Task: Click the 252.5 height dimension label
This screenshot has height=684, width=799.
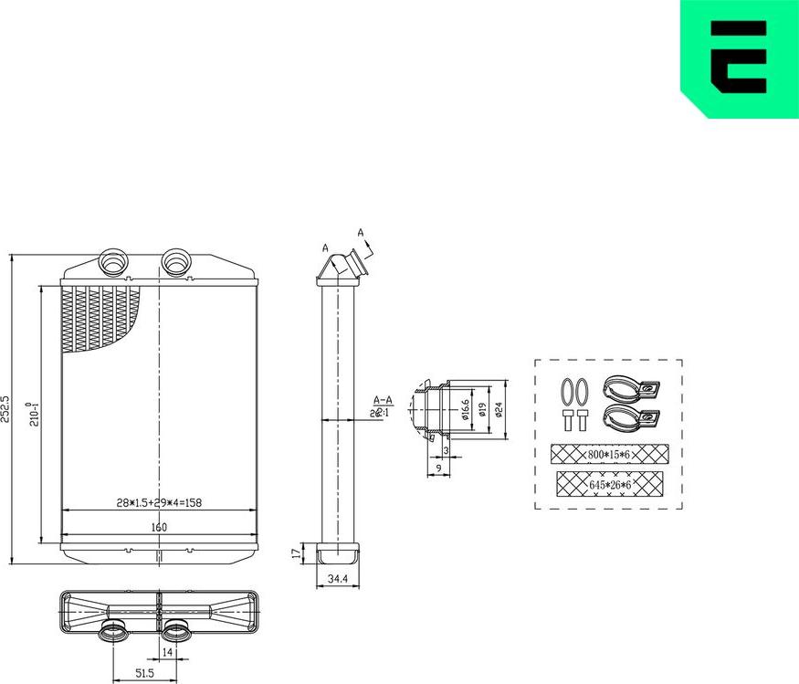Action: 6,408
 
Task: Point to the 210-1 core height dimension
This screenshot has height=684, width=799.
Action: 34,413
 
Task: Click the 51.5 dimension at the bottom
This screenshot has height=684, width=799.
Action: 143,673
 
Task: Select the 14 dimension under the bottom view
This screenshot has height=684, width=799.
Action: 167,653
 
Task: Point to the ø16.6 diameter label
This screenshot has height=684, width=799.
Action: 465,408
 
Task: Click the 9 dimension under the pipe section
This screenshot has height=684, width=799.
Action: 437,468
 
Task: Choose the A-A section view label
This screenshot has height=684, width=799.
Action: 382,400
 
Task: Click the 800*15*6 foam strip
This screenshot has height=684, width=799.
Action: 609,454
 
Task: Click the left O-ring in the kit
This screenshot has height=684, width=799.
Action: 565,391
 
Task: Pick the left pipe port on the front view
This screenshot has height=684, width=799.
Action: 114,261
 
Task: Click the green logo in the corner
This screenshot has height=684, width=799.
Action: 740,57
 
